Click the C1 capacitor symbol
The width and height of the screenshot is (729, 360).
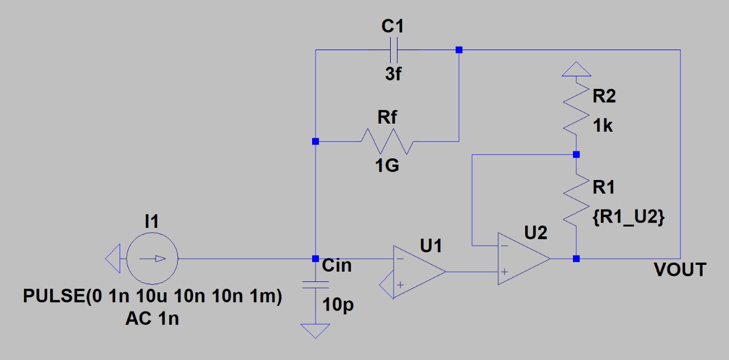394,50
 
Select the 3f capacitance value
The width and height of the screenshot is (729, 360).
393,74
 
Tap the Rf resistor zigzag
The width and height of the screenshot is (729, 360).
387,141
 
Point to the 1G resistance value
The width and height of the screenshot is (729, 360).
387,165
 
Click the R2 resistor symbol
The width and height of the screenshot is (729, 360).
576,108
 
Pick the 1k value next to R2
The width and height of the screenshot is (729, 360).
603,126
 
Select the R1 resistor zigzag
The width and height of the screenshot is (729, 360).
576,199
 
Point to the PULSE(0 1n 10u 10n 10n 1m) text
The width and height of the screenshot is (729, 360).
152,296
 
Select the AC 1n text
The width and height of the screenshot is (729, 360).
152,318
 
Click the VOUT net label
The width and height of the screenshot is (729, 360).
680,270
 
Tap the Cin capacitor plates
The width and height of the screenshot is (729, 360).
316,285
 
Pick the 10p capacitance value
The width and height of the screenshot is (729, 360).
338,305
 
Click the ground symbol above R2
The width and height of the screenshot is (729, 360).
576,69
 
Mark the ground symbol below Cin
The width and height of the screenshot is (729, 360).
316,331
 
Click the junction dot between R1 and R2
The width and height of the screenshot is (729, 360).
576,154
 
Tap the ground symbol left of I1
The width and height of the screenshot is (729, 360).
113,259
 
